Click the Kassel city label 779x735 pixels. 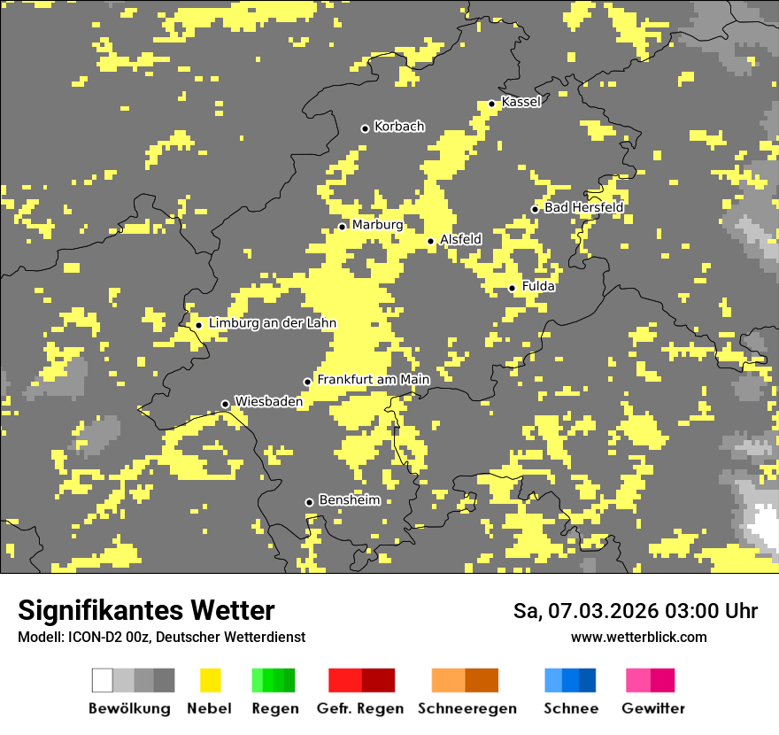pos(521,102)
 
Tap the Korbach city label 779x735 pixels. pos(399,127)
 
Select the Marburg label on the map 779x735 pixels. pos(377,225)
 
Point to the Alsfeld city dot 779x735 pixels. pos(430,241)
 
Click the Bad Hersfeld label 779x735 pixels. pos(583,207)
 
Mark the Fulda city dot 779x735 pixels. pos(512,288)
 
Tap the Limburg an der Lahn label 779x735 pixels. pos(272,323)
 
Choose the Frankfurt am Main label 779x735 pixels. pos(373,380)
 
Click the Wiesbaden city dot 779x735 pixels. pos(225,404)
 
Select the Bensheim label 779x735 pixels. pos(349,500)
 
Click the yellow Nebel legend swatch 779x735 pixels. pos(210,680)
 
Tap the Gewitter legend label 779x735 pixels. pos(653,708)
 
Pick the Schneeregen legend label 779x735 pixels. pos(467,708)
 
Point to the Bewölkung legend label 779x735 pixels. pos(129,708)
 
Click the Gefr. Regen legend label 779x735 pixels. pos(360,708)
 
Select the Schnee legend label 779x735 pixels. pos(571,708)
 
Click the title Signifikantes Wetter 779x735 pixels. pos(146,610)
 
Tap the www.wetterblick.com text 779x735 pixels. pos(638,637)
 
